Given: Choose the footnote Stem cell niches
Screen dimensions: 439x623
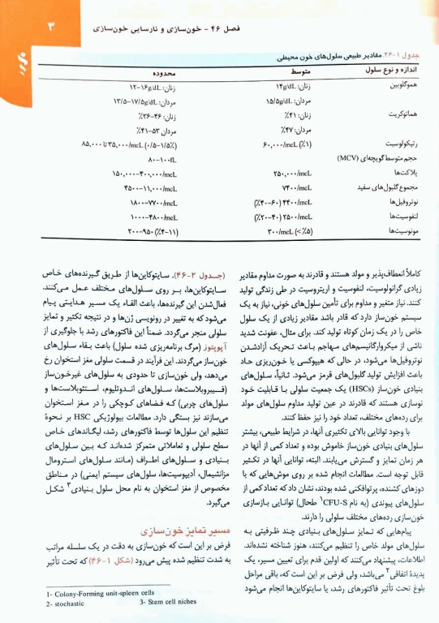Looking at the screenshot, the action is click(169, 605).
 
